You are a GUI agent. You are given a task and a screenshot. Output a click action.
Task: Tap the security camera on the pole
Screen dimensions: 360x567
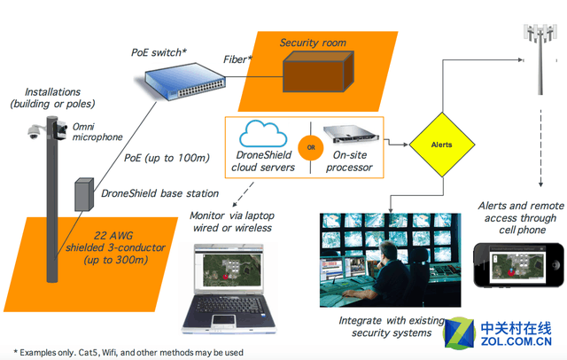(x=34, y=132)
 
